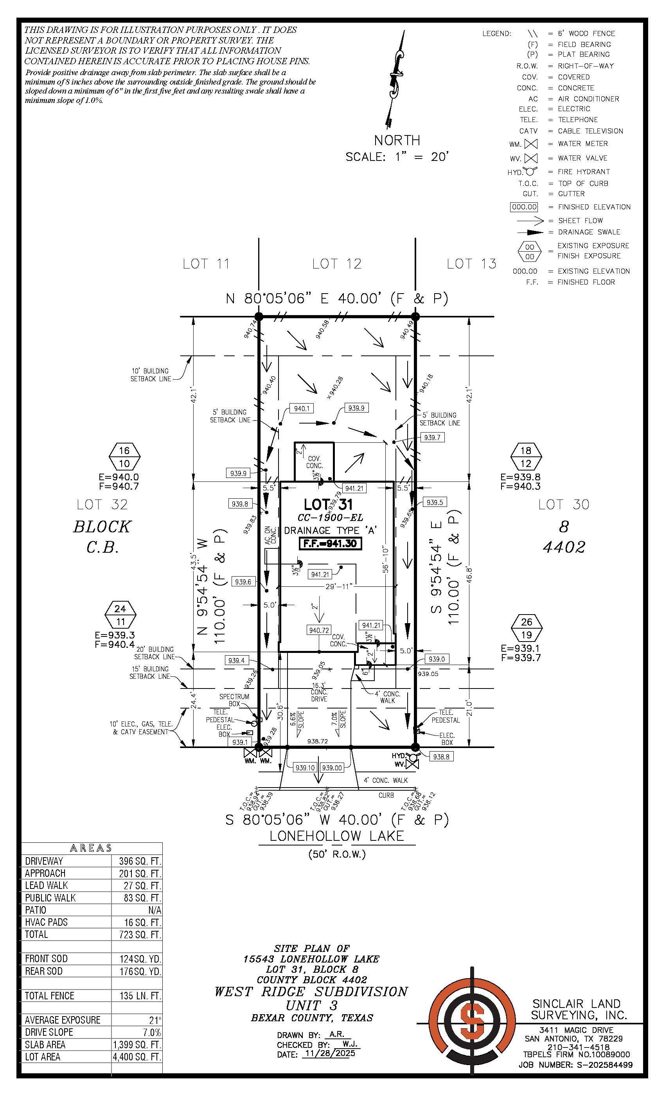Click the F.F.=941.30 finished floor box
pos(330,544)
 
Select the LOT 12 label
pos(336,264)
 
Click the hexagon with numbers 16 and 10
pos(124,457)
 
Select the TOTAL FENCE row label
pos(49,995)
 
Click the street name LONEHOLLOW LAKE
pos(337,836)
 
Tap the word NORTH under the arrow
pos(397,140)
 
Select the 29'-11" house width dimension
pos(339,587)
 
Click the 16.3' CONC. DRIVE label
pos(319,692)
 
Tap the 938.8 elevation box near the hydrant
pos(440,757)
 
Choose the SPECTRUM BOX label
pos(234,700)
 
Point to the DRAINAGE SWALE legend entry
pos(589,232)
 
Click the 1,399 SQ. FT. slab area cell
pos(137,1044)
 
